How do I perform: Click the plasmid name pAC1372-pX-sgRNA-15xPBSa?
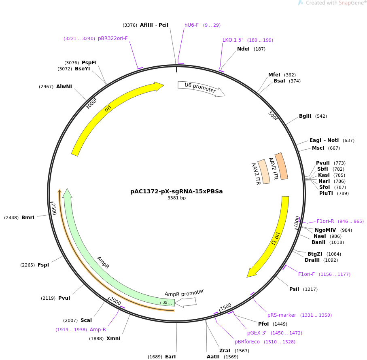(x=176, y=191)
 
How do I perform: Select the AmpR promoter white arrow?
(x=186, y=302)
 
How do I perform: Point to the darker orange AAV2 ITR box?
(x=281, y=166)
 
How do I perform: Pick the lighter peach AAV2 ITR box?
(x=264, y=172)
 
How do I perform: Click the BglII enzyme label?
(x=305, y=116)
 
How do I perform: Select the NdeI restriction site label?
(x=243, y=49)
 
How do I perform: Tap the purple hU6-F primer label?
(x=191, y=25)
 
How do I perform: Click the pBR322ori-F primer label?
(x=113, y=38)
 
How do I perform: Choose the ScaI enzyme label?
(x=86, y=320)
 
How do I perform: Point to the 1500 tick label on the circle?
(x=226, y=307)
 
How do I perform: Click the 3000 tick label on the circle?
(x=91, y=104)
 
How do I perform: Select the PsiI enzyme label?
(x=294, y=289)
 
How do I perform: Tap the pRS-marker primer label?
(x=282, y=315)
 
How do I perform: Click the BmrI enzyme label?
(x=28, y=218)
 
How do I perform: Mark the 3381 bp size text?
(x=176, y=198)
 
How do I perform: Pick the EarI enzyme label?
(x=170, y=356)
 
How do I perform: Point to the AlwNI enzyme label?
(x=64, y=87)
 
